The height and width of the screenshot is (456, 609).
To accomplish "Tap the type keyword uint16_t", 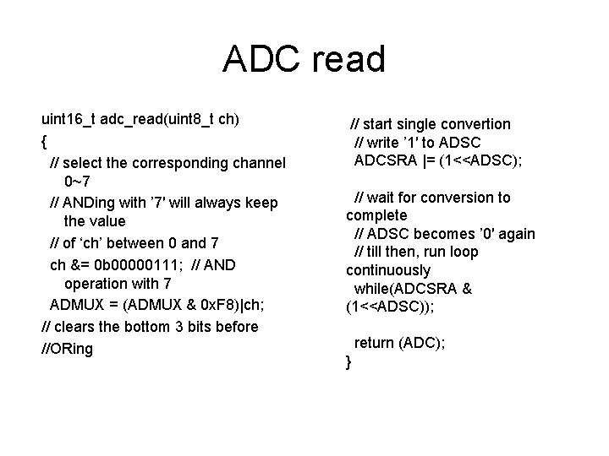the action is point(70,118).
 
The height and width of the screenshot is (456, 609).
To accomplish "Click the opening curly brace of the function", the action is point(44,140).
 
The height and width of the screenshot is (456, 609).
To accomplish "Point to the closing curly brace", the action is point(348,362).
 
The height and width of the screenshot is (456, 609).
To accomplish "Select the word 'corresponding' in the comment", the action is point(189,162).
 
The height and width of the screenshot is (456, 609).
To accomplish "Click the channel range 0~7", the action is point(79,181).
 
